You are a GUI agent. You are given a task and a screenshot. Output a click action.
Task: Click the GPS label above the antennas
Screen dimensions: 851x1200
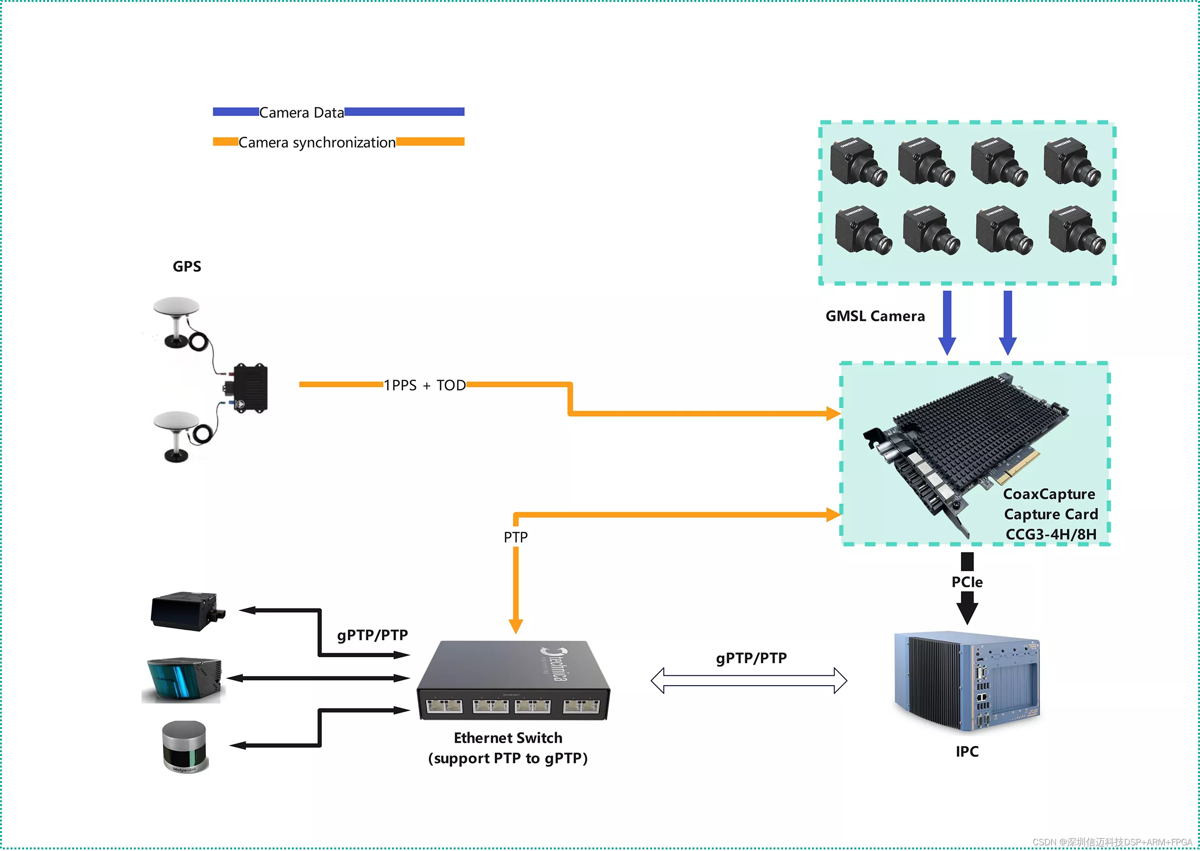click(x=187, y=266)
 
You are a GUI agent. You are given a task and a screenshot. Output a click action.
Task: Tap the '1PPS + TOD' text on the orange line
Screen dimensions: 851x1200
click(x=424, y=385)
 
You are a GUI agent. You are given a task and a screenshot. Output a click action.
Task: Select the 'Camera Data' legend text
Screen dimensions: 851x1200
click(x=302, y=113)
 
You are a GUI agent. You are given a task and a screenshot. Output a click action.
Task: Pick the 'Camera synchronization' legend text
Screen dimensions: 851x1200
click(x=317, y=143)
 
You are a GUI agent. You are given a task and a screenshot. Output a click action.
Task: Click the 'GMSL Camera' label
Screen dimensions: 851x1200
click(x=875, y=316)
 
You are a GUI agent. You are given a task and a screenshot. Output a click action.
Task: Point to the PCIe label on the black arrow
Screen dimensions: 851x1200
click(x=967, y=582)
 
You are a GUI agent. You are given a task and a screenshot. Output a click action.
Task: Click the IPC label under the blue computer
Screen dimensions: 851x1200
click(x=967, y=751)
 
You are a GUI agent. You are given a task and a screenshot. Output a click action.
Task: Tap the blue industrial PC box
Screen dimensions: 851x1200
click(x=967, y=681)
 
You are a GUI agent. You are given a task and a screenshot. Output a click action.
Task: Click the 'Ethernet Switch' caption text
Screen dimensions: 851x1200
click(x=508, y=738)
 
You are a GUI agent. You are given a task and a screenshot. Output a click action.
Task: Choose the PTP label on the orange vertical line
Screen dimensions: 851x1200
click(x=516, y=537)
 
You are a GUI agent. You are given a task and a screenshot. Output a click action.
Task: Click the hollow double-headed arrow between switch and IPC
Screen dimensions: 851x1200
click(x=749, y=681)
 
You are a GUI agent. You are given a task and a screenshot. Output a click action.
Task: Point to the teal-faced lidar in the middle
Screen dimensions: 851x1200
click(x=183, y=679)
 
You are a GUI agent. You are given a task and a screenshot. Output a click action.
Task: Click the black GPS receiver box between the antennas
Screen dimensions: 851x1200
click(x=250, y=388)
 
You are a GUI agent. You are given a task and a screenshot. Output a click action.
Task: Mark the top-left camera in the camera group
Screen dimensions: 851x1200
click(x=858, y=162)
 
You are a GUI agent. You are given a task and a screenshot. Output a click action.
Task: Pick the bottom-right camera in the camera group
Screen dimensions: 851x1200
click(x=1077, y=230)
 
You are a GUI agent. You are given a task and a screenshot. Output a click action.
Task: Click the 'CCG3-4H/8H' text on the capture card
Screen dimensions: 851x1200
click(x=1051, y=535)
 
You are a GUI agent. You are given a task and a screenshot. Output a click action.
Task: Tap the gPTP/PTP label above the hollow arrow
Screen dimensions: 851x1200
click(x=751, y=658)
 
